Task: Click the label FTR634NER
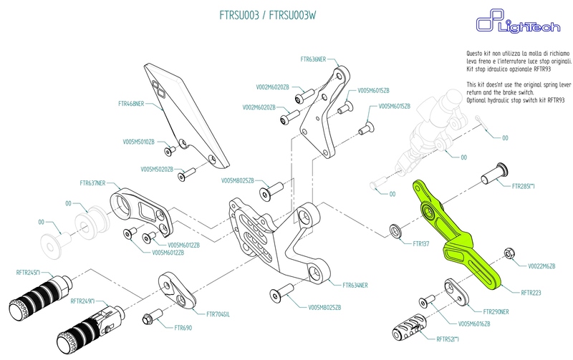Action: click(355, 285)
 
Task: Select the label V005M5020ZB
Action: click(157, 170)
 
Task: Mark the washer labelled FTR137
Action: click(395, 230)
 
